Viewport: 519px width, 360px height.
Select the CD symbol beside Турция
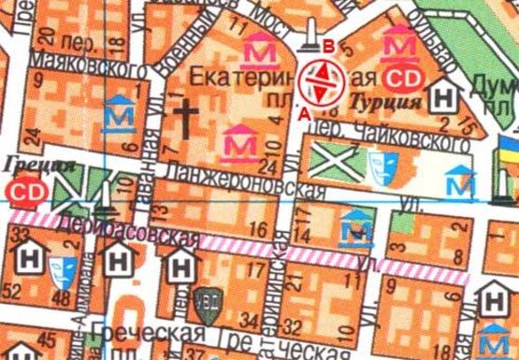404,77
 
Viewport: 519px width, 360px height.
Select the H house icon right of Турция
447,95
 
